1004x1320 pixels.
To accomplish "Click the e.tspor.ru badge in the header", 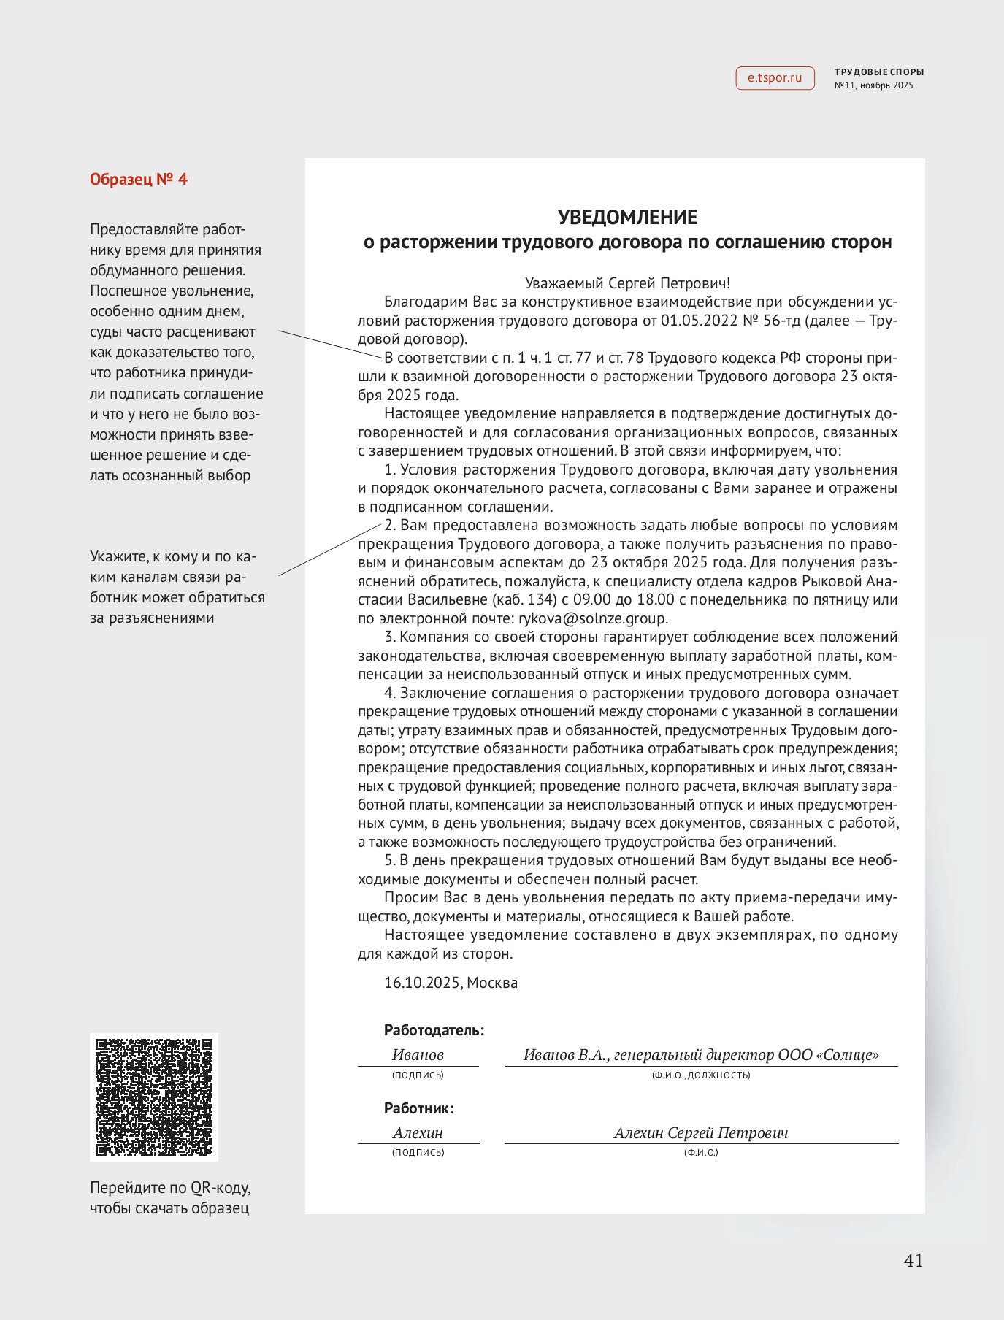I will click(775, 78).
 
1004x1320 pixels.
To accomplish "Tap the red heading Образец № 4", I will click(139, 180).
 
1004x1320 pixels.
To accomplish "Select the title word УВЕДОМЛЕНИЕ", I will click(627, 218).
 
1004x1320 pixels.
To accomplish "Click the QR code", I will click(154, 1097).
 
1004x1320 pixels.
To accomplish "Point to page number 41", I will click(913, 1261).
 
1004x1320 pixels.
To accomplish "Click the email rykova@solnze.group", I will click(592, 619).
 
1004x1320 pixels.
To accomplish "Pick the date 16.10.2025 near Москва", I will click(422, 983).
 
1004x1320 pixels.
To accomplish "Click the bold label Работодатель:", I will click(434, 1031).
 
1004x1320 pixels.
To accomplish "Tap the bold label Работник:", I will click(419, 1108).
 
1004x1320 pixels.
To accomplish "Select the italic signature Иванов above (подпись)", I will click(418, 1055).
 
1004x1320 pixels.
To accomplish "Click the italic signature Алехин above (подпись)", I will click(418, 1133).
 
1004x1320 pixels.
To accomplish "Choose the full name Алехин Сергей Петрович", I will click(701, 1133).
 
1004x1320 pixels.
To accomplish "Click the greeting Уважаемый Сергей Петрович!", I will click(627, 283).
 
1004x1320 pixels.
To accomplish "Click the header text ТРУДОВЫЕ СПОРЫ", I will click(879, 72).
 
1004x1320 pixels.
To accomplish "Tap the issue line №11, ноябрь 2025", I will click(874, 85).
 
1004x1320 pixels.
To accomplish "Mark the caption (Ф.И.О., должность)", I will click(701, 1075).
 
